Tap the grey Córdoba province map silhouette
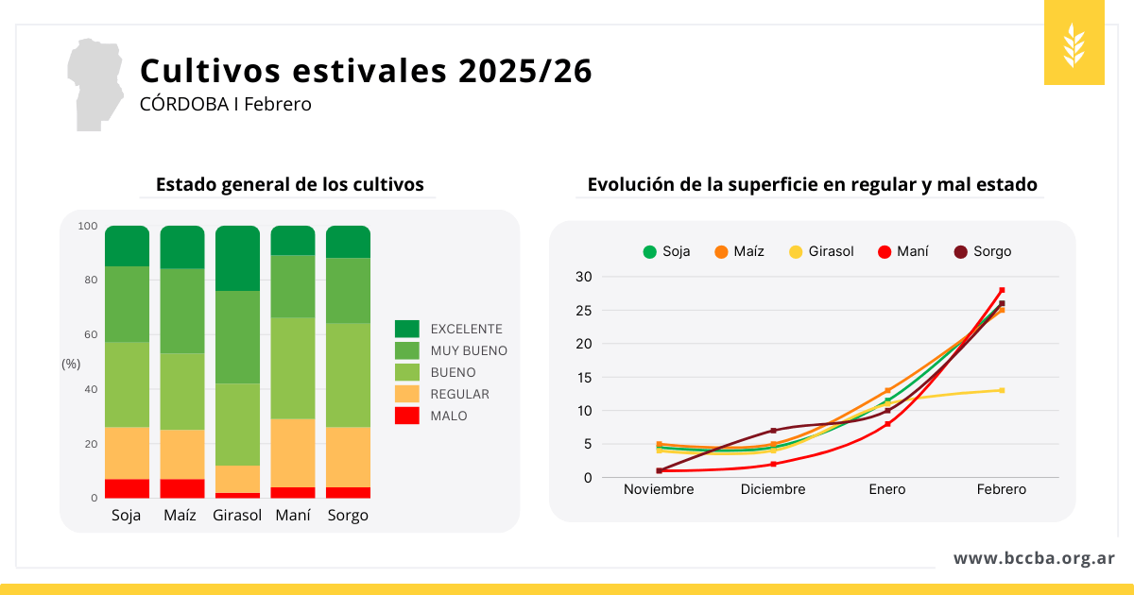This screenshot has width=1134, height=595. click(92, 83)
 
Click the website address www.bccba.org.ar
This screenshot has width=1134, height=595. click(1034, 558)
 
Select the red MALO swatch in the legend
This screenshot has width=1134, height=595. click(406, 416)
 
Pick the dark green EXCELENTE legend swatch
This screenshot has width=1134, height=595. click(406, 329)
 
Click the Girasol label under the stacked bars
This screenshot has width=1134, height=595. click(237, 516)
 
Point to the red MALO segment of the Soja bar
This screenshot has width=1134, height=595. click(127, 488)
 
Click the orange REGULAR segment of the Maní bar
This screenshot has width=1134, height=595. click(293, 452)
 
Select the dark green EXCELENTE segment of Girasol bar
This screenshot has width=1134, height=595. click(237, 258)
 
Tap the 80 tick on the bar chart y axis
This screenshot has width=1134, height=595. click(88, 280)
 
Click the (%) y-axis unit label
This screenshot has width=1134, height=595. click(71, 364)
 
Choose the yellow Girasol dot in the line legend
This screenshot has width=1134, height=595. click(796, 251)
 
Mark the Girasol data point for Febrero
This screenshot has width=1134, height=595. click(1002, 390)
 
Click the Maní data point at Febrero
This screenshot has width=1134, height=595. click(1002, 290)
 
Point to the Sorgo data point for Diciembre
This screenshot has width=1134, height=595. click(773, 431)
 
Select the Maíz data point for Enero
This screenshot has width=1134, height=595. click(887, 390)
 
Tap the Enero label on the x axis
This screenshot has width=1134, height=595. click(887, 489)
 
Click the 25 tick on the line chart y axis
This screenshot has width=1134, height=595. click(583, 310)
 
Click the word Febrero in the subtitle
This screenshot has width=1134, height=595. click(278, 104)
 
